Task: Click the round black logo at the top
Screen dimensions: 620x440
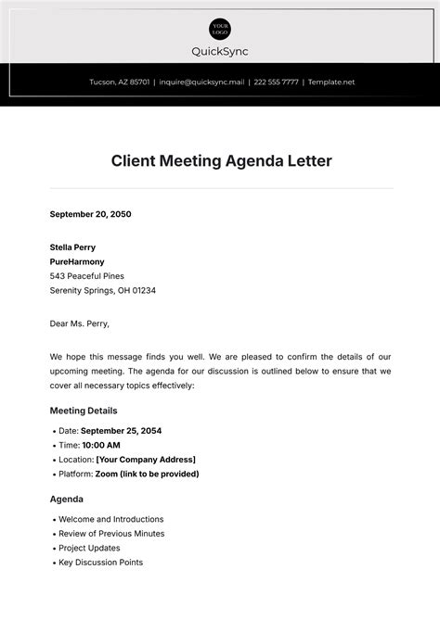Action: tap(220, 28)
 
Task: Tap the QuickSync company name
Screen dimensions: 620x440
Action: tap(220, 52)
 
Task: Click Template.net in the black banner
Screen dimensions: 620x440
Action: tap(331, 82)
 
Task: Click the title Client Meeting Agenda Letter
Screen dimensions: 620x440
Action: tap(220, 160)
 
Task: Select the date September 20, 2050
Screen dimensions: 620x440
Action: tap(90, 214)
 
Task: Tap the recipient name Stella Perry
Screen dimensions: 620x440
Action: tap(72, 247)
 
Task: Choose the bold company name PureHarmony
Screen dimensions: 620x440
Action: tap(77, 261)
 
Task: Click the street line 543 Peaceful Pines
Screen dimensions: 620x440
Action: tap(86, 276)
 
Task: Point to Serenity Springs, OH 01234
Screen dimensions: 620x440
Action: tap(102, 290)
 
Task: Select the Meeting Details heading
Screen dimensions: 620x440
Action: tap(84, 411)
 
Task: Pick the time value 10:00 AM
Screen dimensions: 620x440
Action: tap(100, 445)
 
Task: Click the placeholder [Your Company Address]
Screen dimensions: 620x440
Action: tap(146, 460)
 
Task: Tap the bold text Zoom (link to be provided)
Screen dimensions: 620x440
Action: tap(147, 474)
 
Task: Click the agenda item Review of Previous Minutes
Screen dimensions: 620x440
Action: tap(111, 534)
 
